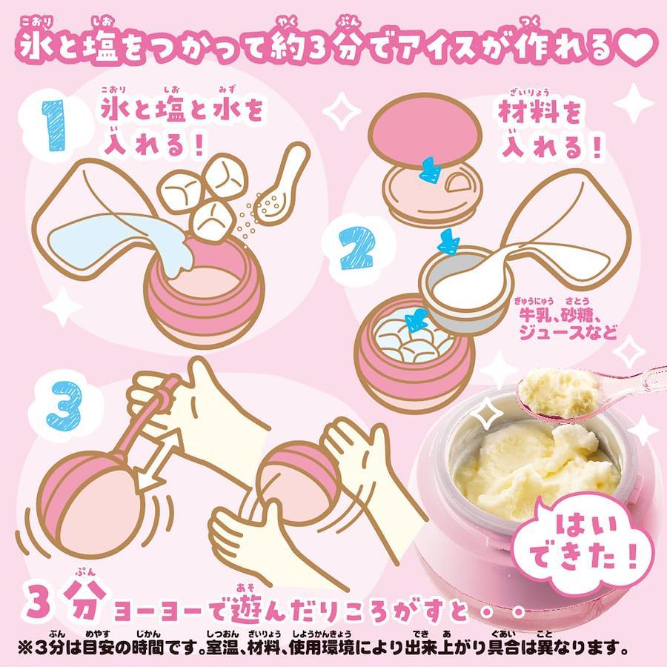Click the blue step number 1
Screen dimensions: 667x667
(x=53, y=125)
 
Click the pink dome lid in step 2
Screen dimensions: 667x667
(x=425, y=131)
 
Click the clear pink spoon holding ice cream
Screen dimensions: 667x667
(x=591, y=394)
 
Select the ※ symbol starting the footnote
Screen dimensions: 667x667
(x=25, y=648)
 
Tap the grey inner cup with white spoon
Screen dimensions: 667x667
(x=467, y=287)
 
